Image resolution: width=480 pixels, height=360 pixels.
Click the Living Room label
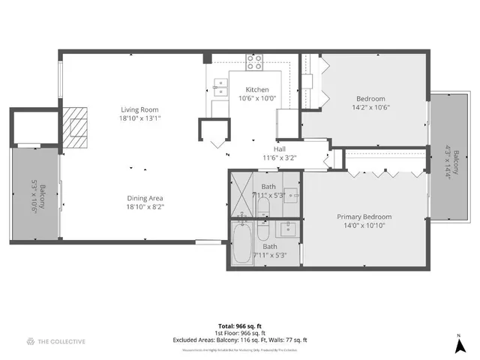click(x=140, y=109)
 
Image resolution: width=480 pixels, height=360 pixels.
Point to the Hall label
click(x=280, y=149)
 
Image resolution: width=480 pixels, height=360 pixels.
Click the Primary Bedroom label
click(x=364, y=217)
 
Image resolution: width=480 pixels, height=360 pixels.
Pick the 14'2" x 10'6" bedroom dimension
click(x=370, y=107)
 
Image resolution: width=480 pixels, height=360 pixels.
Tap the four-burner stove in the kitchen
click(x=255, y=63)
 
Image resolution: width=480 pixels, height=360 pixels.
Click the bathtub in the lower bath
click(x=241, y=243)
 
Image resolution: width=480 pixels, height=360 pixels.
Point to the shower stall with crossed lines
click(x=242, y=186)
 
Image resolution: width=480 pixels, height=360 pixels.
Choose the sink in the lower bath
click(x=288, y=229)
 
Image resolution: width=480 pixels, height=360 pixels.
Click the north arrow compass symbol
click(x=459, y=346)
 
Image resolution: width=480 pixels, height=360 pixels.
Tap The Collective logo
click(x=56, y=342)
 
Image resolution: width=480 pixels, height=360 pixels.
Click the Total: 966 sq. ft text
click(x=239, y=326)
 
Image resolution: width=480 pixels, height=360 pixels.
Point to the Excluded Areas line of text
click(x=239, y=340)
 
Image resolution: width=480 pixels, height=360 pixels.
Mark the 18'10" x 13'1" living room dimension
click(x=140, y=118)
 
